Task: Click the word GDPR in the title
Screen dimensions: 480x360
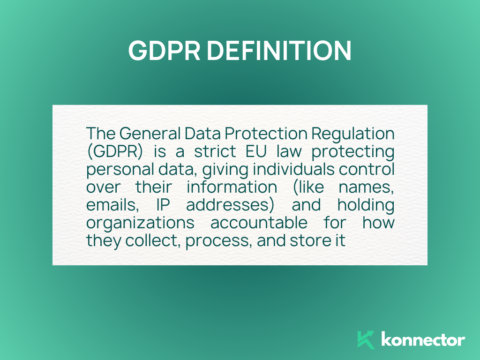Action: [165, 51]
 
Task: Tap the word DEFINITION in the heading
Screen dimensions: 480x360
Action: [279, 51]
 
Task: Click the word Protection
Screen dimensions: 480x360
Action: [266, 134]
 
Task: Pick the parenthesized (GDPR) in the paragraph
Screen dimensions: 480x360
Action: [115, 151]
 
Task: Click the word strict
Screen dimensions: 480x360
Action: [215, 151]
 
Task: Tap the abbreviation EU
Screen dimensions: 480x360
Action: [256, 151]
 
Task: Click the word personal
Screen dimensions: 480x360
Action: [120, 170]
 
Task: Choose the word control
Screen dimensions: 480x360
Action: [367, 169]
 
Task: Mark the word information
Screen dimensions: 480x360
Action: [232, 187]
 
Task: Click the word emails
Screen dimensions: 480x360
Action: [112, 205]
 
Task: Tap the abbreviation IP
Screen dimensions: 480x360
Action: [163, 205]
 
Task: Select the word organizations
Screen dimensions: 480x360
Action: [140, 223]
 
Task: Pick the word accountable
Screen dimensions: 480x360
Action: [259, 223]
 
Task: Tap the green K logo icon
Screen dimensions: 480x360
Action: [366, 340]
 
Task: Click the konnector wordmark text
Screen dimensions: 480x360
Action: [423, 339]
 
